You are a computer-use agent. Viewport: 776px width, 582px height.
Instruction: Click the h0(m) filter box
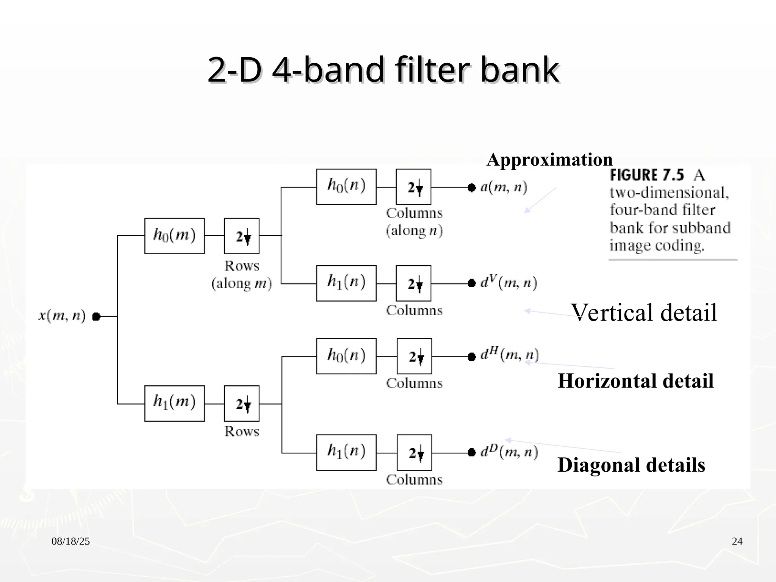[174, 236]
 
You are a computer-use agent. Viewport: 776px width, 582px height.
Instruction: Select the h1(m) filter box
[174, 403]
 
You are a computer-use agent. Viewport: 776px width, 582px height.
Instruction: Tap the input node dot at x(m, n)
[96, 316]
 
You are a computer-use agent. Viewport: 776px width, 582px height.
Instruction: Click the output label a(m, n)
[504, 187]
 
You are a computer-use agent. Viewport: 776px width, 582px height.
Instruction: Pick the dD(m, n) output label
[509, 452]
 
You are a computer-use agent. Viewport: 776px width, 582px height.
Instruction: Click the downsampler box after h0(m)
[242, 236]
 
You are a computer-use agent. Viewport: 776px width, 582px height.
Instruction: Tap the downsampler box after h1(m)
[242, 403]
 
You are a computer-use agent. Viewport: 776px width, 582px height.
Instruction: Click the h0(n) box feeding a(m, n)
[346, 187]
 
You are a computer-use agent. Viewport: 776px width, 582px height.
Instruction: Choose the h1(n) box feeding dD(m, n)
[346, 452]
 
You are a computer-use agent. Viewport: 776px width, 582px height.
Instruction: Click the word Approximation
[549, 160]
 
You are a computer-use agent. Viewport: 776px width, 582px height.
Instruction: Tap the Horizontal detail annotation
[635, 381]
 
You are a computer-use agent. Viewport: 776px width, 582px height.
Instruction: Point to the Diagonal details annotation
[631, 465]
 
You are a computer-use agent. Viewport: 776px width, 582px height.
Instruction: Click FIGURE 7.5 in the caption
[647, 175]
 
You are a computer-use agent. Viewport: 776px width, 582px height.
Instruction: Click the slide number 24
[737, 541]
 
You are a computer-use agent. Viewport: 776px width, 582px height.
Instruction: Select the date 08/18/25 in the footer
[71, 541]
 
